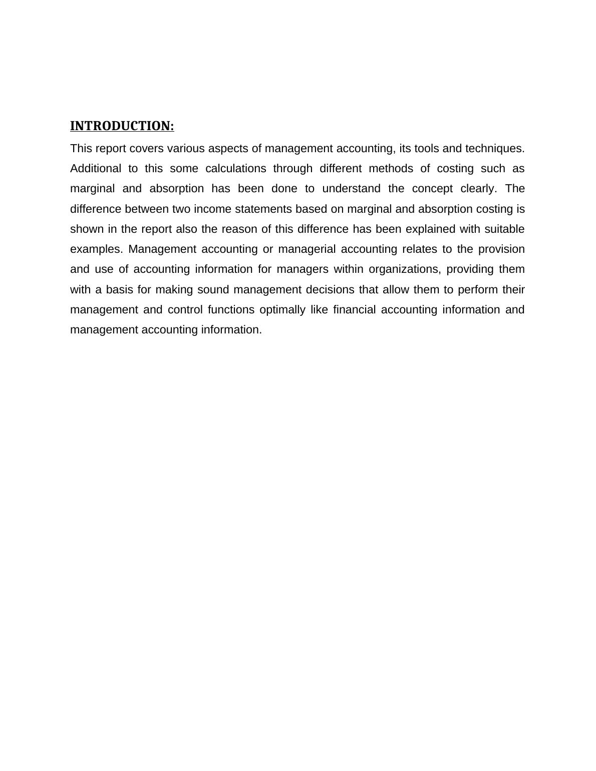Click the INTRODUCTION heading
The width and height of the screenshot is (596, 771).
[x=122, y=126]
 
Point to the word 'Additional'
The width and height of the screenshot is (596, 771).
[x=96, y=169]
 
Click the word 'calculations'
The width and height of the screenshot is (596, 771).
[x=235, y=169]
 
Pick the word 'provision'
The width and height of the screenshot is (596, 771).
[x=501, y=249]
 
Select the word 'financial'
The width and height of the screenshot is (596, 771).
[x=354, y=310]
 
